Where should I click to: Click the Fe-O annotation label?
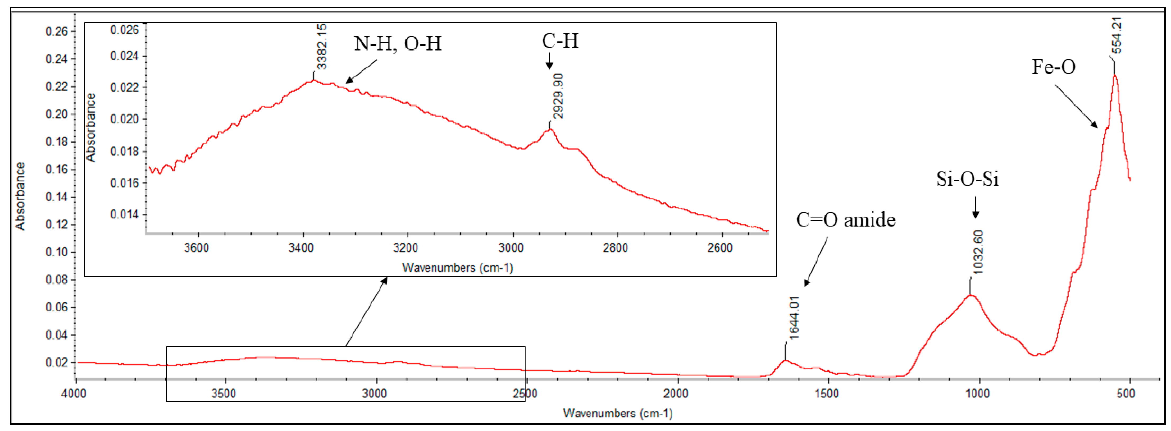[x=1053, y=67]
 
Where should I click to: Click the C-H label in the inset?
[x=560, y=41]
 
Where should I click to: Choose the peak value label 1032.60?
[x=978, y=252]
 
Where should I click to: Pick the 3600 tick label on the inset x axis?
[x=196, y=248]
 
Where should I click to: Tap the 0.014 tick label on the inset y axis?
[x=124, y=214]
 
